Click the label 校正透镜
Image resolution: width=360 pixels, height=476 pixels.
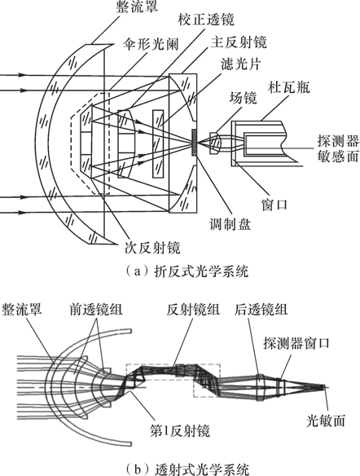click(206, 20)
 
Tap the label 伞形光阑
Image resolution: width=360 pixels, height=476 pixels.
click(151, 45)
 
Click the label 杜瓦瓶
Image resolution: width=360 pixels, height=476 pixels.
click(288, 87)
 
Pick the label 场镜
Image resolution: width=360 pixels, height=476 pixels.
click(243, 98)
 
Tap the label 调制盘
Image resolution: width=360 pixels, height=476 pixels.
click(230, 224)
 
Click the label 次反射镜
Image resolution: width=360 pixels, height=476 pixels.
click(152, 248)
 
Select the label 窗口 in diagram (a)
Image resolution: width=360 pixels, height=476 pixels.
click(274, 205)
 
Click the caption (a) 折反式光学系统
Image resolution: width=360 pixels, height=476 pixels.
click(187, 271)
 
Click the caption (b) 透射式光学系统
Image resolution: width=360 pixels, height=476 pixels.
click(187, 469)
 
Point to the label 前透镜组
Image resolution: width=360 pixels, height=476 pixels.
click(96, 310)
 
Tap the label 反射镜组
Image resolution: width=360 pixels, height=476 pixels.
click(193, 310)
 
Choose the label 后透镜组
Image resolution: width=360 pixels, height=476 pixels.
click(261, 310)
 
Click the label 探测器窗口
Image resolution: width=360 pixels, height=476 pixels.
click(296, 342)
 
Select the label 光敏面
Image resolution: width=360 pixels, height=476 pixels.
click(326, 421)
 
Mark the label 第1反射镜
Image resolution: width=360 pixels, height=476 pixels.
click(179, 430)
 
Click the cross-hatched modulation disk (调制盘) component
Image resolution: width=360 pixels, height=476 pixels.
click(194, 143)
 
